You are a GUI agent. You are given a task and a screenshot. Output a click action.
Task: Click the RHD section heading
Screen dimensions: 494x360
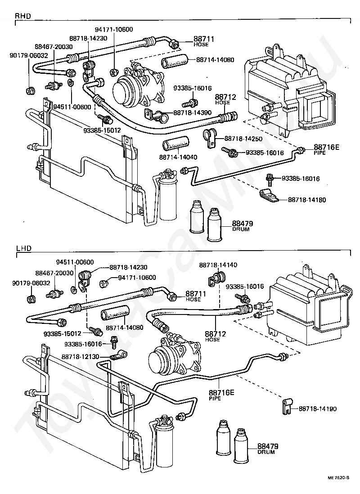(23, 16)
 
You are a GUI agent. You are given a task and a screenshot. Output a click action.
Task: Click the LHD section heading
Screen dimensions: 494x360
(23, 248)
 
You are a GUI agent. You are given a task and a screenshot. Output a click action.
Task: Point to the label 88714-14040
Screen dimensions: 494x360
(176, 157)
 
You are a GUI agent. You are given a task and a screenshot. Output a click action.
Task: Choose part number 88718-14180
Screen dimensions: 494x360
(307, 199)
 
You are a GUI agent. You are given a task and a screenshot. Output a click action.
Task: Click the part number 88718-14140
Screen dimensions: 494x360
(218, 265)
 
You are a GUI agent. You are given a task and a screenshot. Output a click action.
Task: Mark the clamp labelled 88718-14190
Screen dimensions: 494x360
(286, 404)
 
